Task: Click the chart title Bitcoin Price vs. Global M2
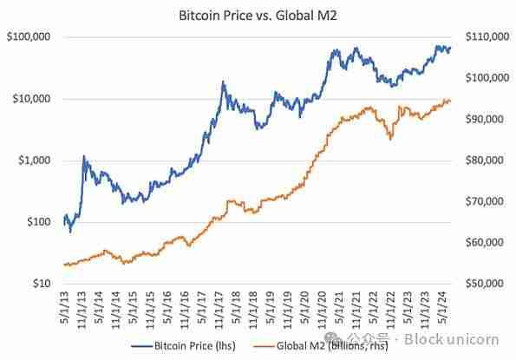click(257, 15)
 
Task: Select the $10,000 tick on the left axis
click(29, 99)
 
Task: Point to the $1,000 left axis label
click(32, 160)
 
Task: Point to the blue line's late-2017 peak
click(223, 82)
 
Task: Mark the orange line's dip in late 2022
click(390, 138)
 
